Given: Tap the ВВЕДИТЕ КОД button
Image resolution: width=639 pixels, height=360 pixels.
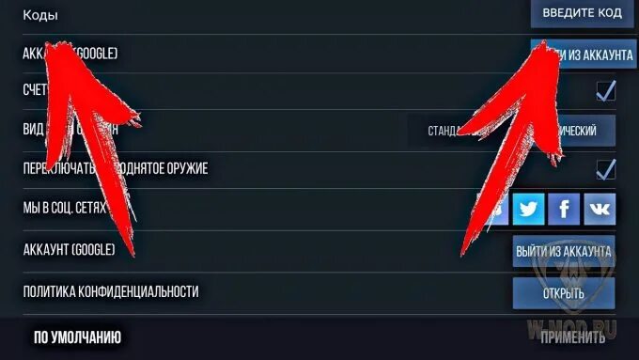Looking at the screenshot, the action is (583, 14).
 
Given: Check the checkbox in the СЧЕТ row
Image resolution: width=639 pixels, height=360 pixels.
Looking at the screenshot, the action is (606, 90).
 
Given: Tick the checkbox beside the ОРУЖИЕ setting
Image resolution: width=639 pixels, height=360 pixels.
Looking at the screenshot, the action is (606, 168).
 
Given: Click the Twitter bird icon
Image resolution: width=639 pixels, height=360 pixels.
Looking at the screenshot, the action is (529, 208).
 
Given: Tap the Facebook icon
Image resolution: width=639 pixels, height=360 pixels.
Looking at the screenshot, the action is (564, 208).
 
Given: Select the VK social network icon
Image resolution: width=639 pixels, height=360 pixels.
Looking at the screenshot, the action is (599, 208).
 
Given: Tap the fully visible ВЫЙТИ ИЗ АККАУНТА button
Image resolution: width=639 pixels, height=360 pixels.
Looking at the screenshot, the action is (564, 251).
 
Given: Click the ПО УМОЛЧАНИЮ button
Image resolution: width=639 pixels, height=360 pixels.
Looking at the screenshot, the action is (77, 337).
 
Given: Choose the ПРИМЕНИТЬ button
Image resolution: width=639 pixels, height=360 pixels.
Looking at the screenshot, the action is (573, 337).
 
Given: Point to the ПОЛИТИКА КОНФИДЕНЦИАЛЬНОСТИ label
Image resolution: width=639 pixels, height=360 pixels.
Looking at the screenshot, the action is (111, 291).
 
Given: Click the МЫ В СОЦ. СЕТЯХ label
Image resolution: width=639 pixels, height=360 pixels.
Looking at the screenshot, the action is (64, 207).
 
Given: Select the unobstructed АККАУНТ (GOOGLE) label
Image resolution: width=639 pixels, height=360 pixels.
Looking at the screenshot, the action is (69, 250).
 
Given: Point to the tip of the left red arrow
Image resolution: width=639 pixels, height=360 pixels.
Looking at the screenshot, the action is (52, 42).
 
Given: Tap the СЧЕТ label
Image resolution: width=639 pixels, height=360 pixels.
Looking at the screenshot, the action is (35, 90).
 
